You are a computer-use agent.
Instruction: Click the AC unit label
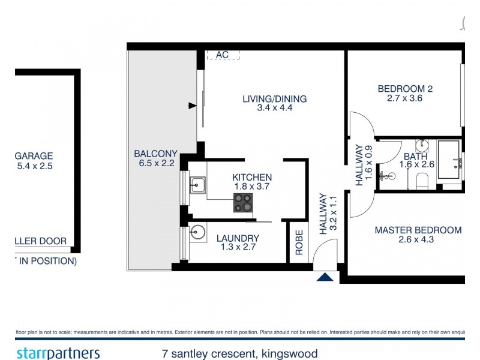coord(223,55)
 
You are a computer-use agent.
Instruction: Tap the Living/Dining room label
coord(274,99)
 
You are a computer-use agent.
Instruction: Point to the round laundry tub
coord(198,233)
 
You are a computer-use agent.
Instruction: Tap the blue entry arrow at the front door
coord(325,277)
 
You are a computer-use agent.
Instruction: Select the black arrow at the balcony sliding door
coord(192,106)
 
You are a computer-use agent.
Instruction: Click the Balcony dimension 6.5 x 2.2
coord(155,163)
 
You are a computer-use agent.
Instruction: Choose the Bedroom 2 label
coord(405,89)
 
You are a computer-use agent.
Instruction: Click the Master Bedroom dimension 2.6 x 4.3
coord(418,240)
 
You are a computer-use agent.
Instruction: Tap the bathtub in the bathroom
coord(449,159)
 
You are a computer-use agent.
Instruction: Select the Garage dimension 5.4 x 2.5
coord(34,166)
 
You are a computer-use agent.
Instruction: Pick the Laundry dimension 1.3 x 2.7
coord(238,248)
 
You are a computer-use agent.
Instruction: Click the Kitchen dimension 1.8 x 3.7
coord(252,187)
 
